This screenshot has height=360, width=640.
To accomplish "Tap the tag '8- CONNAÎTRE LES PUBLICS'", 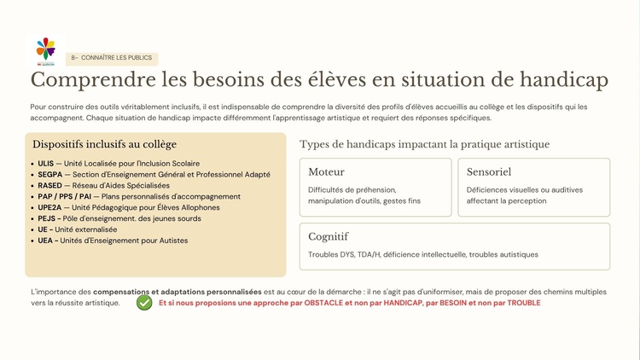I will (112, 58).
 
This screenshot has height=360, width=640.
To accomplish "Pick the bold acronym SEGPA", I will (50, 174).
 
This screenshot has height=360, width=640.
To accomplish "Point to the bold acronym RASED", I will (49, 185).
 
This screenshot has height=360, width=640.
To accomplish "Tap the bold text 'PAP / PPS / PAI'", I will (64, 196).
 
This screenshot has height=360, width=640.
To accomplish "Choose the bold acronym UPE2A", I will (50, 207).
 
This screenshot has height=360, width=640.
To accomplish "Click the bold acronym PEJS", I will (47, 218).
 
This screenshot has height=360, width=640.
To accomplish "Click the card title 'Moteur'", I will (327, 171).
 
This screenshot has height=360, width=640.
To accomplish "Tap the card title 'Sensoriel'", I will (489, 171).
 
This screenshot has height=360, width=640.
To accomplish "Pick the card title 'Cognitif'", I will (329, 236).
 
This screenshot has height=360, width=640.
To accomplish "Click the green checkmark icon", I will (144, 303).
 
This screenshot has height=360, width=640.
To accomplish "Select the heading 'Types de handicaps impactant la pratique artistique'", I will (424, 144).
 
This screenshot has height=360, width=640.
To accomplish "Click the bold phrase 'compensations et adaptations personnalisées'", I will (177, 291).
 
